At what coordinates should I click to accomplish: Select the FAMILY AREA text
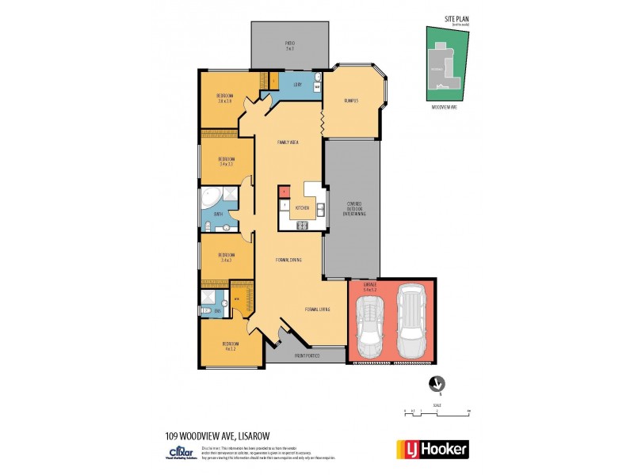[x=287, y=142]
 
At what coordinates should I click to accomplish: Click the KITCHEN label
[x=302, y=208]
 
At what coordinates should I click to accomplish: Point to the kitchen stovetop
[x=302, y=226]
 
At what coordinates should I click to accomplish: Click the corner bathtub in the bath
[x=211, y=198]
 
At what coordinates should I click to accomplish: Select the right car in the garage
[x=411, y=321]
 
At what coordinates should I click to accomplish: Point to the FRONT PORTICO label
[x=307, y=356]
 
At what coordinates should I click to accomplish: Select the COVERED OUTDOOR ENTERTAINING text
[x=352, y=207]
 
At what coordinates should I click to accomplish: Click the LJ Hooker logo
[x=432, y=449]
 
